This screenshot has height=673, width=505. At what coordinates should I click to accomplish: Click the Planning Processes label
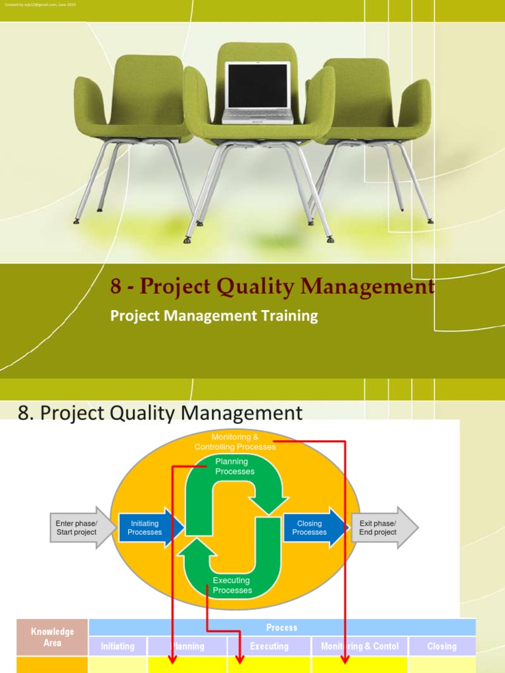click(x=235, y=467)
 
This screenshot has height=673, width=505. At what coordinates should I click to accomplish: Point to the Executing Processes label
click(x=232, y=585)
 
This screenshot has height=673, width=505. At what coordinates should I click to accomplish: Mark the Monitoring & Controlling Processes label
click(x=235, y=442)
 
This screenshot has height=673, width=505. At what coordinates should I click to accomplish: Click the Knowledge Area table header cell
click(x=52, y=637)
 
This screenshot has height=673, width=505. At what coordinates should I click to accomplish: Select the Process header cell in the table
click(x=281, y=628)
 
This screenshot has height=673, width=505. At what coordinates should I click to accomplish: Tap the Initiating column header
click(x=118, y=646)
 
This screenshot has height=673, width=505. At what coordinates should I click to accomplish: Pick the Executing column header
click(x=269, y=646)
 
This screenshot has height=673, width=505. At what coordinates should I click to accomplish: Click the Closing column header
click(x=441, y=646)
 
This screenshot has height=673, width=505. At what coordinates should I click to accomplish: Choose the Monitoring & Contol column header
click(x=360, y=646)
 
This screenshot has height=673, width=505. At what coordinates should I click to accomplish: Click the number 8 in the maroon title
click(x=116, y=288)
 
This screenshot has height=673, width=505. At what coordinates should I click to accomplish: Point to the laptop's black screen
click(x=257, y=85)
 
